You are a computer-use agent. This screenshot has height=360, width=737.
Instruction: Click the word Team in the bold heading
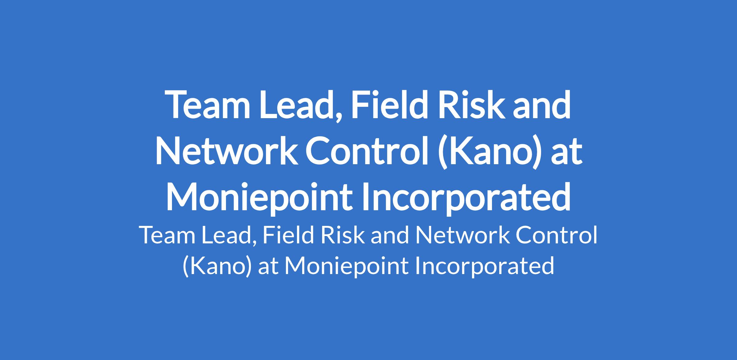click(208, 104)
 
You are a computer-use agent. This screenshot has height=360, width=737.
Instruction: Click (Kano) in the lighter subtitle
click(217, 266)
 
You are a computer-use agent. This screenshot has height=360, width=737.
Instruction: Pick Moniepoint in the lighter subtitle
click(346, 266)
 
